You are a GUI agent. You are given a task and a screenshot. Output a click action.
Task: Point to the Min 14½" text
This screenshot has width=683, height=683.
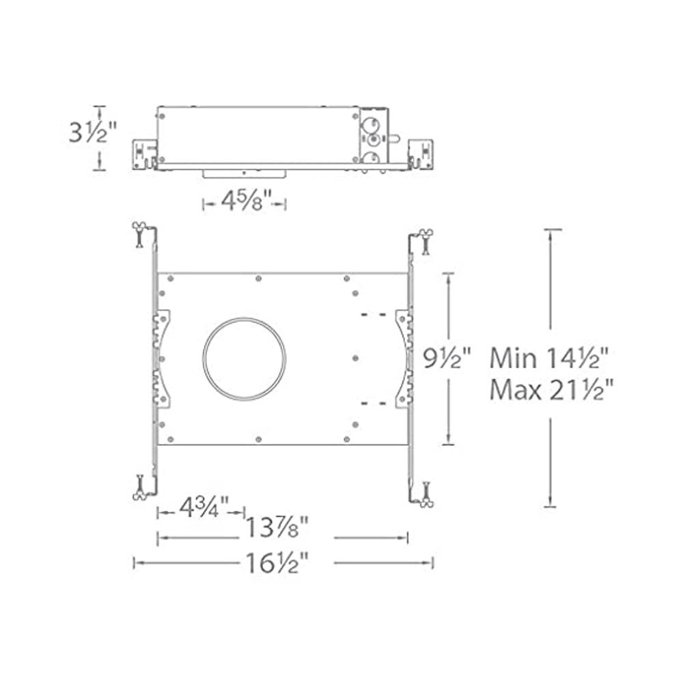tap(549, 357)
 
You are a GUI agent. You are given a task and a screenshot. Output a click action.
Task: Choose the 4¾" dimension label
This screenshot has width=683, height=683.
tap(201, 510)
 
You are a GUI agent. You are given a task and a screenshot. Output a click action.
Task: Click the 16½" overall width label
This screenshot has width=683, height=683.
tap(277, 563)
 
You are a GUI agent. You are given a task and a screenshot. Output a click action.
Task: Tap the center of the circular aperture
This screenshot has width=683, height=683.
tap(245, 359)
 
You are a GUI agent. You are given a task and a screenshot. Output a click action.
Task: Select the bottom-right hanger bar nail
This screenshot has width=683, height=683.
tap(426, 495)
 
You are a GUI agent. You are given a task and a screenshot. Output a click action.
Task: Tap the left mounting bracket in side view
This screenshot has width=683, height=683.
tap(144, 154)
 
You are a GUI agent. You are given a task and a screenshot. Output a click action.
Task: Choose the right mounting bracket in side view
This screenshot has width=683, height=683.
tap(421, 154)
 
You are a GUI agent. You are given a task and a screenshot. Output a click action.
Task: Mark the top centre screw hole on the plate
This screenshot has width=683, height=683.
tap(257, 278)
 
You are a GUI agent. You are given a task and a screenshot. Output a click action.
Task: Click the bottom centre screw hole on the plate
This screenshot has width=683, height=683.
tap(257, 439)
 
